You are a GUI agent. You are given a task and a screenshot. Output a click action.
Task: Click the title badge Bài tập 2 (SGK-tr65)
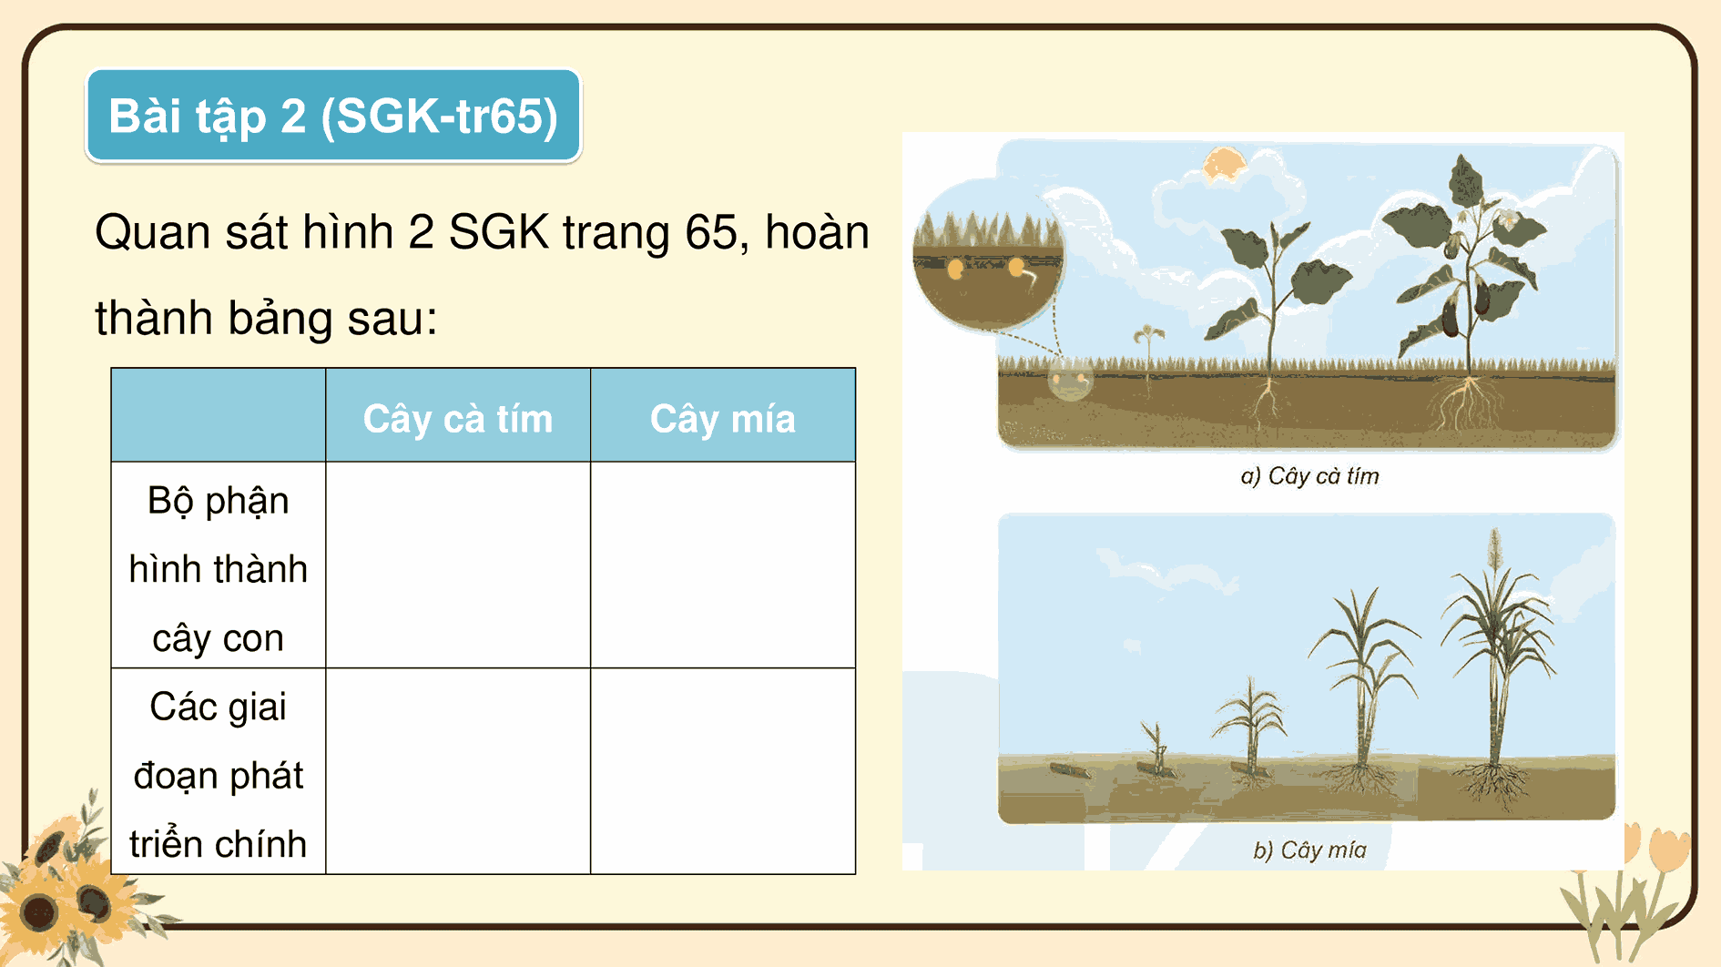coord(333,117)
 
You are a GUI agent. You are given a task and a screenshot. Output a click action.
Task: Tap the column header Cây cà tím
coord(457,419)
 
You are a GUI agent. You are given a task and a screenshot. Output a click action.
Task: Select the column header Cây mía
coord(722,419)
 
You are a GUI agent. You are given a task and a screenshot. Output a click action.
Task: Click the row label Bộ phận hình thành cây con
coord(218,568)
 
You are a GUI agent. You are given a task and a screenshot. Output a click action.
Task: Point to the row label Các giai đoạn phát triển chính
coord(218,775)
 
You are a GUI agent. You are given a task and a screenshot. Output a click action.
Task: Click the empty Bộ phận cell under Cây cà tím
coord(457,565)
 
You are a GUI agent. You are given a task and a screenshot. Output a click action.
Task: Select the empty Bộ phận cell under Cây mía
coord(722,565)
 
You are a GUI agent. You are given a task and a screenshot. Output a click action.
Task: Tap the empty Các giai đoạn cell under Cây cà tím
coord(457,771)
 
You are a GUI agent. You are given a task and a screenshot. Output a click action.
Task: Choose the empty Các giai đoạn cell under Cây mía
coord(722,771)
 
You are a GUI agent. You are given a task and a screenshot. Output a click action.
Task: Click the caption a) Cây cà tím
coord(1309,476)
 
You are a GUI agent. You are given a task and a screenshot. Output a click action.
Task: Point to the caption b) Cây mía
coord(1309,850)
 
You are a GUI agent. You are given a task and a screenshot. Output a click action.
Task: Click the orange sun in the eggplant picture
coord(1223,166)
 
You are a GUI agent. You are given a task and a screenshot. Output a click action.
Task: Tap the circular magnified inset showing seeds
coord(987,258)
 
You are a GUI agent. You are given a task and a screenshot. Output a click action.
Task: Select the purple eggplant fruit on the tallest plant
coord(1450,314)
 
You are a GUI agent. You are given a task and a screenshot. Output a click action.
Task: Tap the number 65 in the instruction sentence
coord(716,232)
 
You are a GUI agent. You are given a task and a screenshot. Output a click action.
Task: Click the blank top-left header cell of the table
coord(218,415)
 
